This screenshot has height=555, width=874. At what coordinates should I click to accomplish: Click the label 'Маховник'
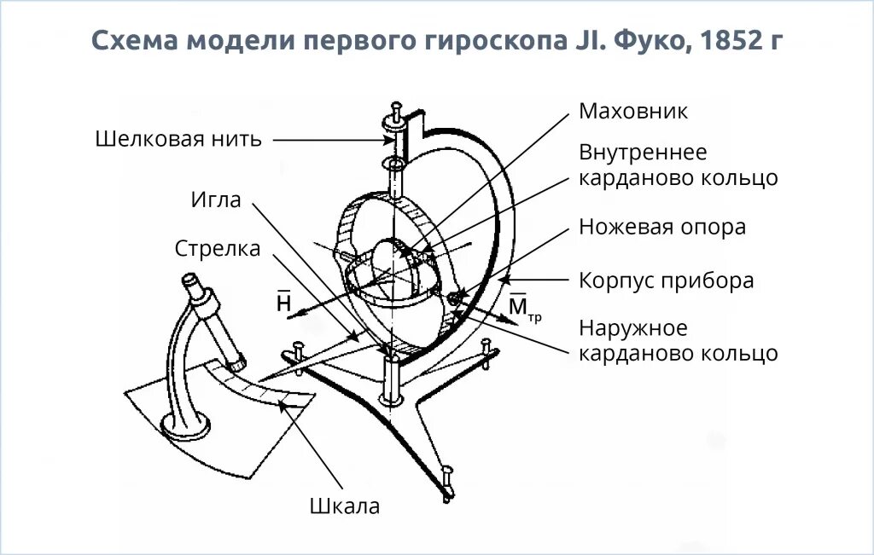[632, 112]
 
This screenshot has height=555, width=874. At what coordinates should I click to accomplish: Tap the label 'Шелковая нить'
[178, 139]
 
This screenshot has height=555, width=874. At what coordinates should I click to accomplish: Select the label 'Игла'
[216, 200]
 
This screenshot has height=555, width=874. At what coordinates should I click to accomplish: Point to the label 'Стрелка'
[218, 248]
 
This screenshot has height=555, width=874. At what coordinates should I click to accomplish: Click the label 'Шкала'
[344, 506]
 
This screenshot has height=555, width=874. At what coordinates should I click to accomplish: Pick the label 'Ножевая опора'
[662, 228]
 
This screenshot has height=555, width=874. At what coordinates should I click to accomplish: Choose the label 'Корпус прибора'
[666, 280]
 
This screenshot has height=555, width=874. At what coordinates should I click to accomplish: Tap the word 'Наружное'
[632, 328]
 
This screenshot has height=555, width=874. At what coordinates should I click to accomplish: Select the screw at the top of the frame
[396, 111]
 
